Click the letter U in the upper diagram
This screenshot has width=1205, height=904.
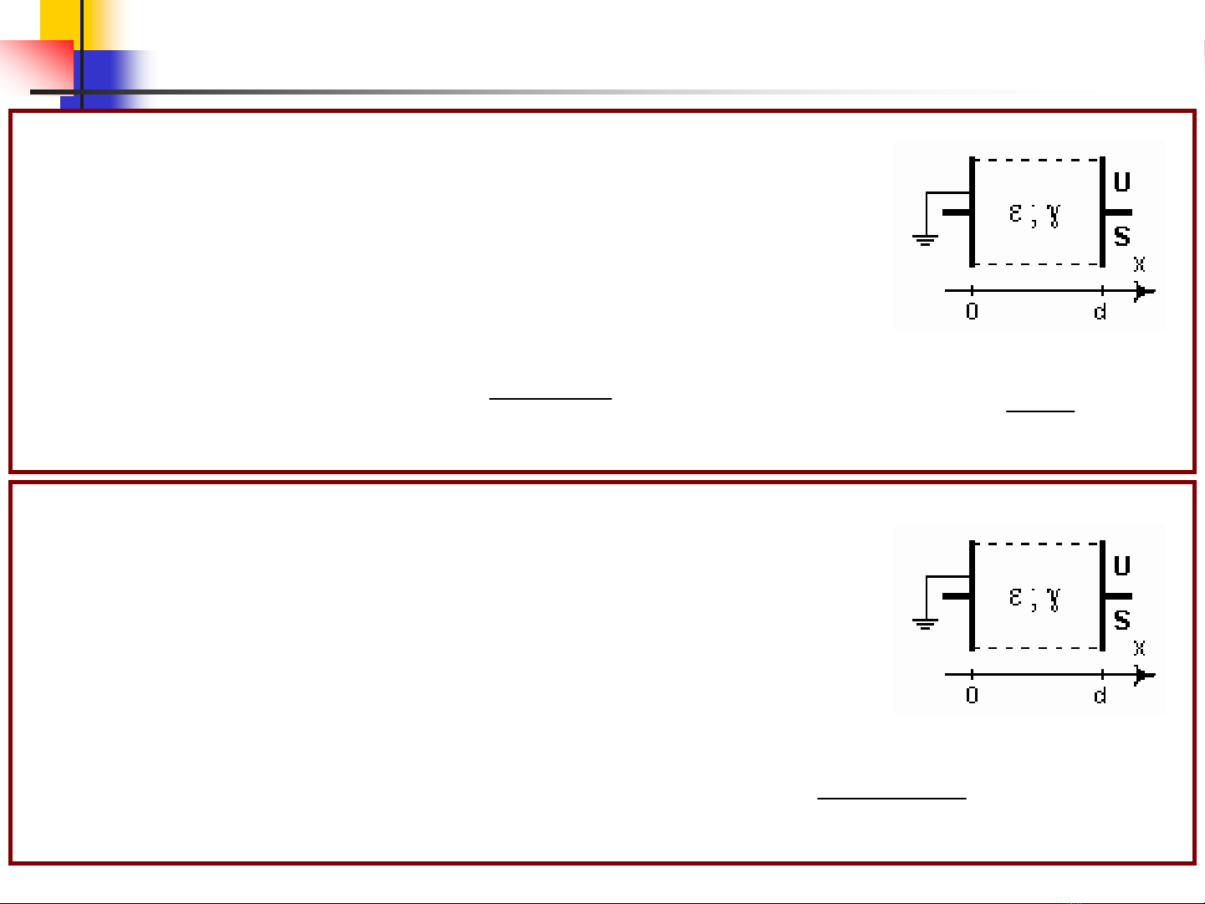click(1121, 181)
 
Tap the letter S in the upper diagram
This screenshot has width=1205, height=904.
click(1122, 236)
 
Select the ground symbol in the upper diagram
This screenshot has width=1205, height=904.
click(925, 240)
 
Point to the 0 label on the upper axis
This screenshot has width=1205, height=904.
click(972, 311)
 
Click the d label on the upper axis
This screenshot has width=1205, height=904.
click(1100, 311)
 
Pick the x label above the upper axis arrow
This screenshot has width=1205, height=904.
click(1140, 264)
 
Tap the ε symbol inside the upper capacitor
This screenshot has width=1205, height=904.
click(1015, 213)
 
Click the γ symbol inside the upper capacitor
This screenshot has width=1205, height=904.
click(1053, 216)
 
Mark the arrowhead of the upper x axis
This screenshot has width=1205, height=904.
click(1144, 291)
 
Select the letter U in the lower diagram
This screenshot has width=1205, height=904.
click(1121, 565)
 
